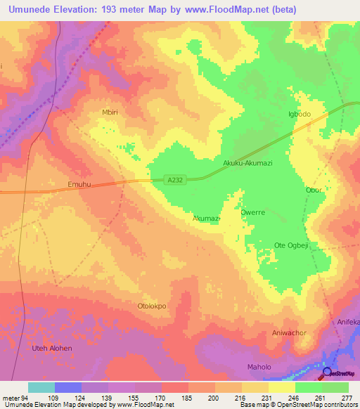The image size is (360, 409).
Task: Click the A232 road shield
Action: tap(176, 180)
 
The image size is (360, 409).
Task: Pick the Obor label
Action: tap(314, 190)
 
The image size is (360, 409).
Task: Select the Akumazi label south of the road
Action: tap(207, 219)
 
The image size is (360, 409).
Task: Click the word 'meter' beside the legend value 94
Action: tap(11, 398)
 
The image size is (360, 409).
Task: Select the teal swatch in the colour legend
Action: tap(41, 387)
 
